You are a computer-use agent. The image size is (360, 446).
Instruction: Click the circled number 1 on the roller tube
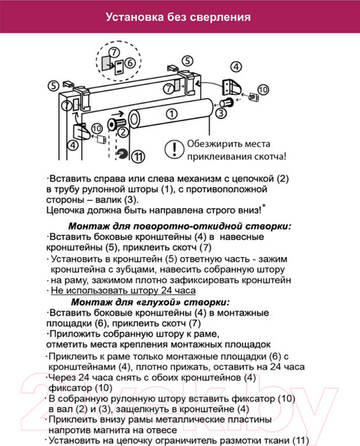click(x=172, y=114)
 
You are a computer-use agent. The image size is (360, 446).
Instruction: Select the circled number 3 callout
click(x=221, y=112)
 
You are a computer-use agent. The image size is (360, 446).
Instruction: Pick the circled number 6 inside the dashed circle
click(x=129, y=63)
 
